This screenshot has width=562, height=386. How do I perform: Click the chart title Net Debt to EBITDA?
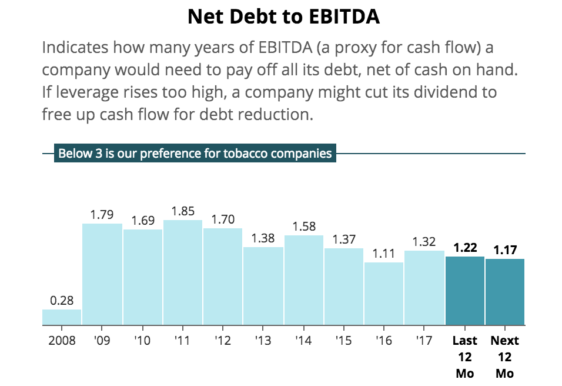[283, 16]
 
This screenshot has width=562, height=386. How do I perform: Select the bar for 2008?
[62, 317]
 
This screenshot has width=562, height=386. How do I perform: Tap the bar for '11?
[183, 272]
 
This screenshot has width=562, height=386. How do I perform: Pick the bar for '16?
[383, 294]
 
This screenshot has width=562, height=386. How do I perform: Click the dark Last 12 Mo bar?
[464, 291]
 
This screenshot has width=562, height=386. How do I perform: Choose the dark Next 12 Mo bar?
[504, 292]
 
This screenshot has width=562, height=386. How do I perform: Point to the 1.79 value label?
[102, 215]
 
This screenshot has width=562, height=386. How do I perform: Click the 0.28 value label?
[62, 301]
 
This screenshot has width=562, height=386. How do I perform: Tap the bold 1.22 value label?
[465, 248]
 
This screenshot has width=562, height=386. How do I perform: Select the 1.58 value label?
[304, 227]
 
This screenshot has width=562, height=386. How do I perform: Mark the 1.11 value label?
[384, 254]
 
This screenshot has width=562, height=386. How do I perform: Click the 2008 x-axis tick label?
[62, 341]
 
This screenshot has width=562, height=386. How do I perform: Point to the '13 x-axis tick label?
[263, 341]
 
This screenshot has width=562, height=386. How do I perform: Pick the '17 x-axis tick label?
[424, 341]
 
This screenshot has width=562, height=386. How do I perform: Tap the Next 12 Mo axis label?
[504, 357]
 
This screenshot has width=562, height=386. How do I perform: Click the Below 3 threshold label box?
[195, 154]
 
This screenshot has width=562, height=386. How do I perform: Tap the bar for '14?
[303, 280]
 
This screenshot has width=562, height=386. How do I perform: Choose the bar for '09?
[102, 274]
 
